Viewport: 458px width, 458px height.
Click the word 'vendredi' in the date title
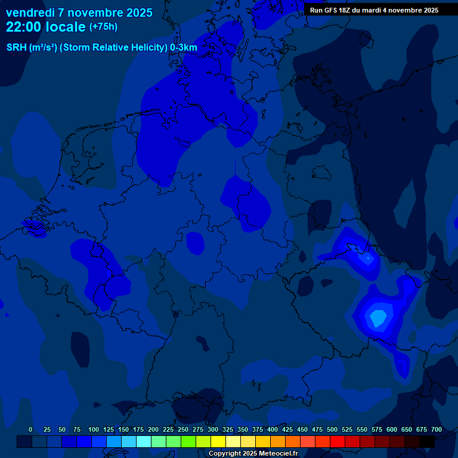coord(30,13)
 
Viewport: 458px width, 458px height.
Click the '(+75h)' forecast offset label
coord(103,27)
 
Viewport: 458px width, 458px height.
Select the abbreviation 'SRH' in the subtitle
coord(17,47)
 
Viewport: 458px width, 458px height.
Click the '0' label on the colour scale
coord(30,429)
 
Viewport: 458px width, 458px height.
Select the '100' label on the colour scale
coord(94,429)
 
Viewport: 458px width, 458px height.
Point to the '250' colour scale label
coord(183,429)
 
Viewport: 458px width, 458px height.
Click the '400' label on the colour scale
coord(273,429)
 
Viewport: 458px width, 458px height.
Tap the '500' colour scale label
coord(332,429)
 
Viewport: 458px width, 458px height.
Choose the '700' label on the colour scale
coord(437,429)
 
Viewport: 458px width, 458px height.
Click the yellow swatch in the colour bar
coord(218,441)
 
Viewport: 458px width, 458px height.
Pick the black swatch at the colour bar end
coord(427,441)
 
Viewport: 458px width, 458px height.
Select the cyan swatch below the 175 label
coord(144,441)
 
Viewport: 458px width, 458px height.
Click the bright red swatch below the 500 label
coord(338,441)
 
